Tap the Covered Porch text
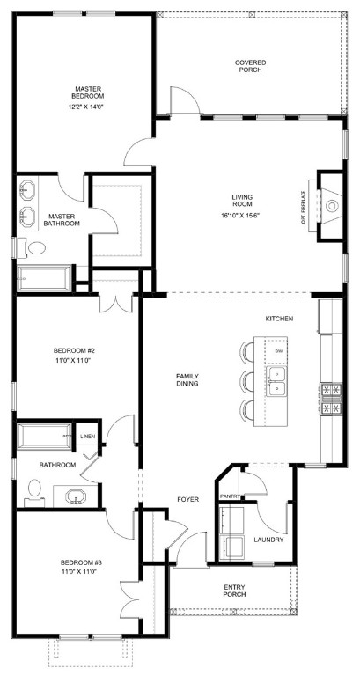pyautogui.click(x=250, y=67)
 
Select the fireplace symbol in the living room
pyautogui.click(x=330, y=206)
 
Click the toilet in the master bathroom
pyautogui.click(x=35, y=249)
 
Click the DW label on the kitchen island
pyautogui.click(x=278, y=351)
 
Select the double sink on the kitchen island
pyautogui.click(x=279, y=380)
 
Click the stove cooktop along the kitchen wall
pyautogui.click(x=331, y=397)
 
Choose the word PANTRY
pyautogui.click(x=230, y=496)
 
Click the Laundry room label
pyautogui.click(x=268, y=540)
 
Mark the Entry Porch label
pyautogui.click(x=234, y=590)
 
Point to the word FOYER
pyautogui.click(x=187, y=499)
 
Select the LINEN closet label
pyautogui.click(x=87, y=437)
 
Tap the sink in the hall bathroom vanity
pyautogui.click(x=76, y=496)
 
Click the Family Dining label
pyautogui.click(x=187, y=379)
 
